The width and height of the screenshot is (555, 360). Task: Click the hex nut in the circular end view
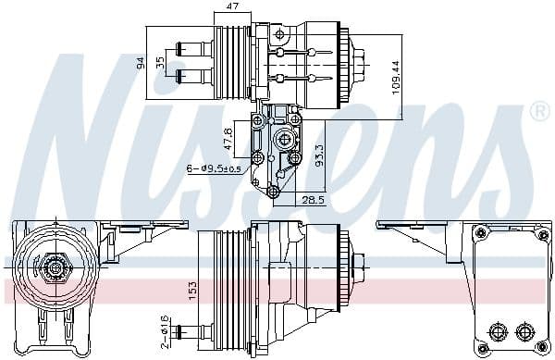(55, 269)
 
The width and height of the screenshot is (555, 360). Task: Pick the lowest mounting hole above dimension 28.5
(274, 192)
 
